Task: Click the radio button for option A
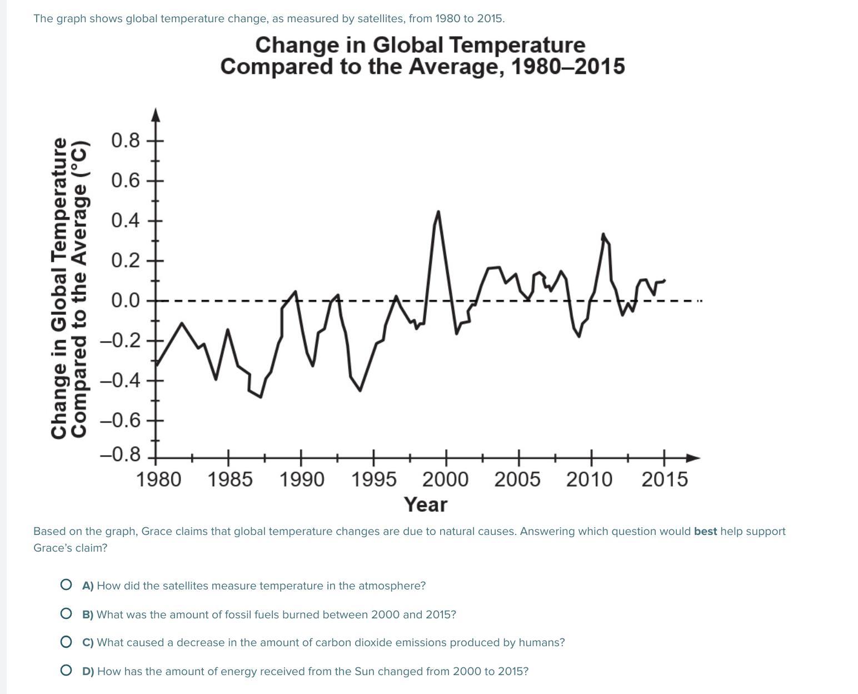click(66, 584)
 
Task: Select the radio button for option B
click(66, 613)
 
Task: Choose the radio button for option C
click(66, 642)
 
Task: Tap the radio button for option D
click(66, 670)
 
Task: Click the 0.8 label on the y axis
click(126, 140)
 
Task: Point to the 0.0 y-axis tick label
click(126, 301)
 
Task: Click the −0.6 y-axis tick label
click(121, 420)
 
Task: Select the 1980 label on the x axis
click(158, 479)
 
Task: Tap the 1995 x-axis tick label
click(373, 479)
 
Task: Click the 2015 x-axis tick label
click(665, 479)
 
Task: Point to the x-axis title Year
click(426, 505)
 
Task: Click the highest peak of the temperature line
click(438, 211)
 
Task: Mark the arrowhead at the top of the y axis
click(156, 114)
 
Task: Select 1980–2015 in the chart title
click(567, 67)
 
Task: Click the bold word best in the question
click(705, 531)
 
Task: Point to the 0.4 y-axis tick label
click(126, 221)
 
